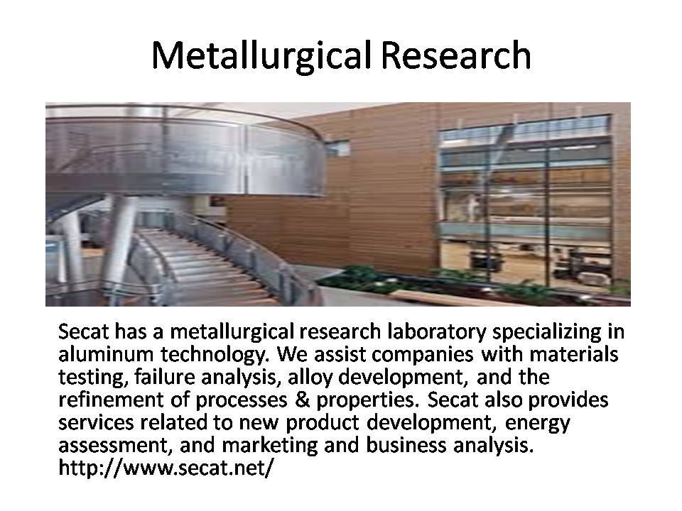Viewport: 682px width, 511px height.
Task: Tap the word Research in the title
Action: [456, 55]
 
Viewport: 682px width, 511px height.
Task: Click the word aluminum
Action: [106, 353]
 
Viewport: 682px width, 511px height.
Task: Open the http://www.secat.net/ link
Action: [166, 468]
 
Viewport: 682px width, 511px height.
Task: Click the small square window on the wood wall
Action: [338, 148]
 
